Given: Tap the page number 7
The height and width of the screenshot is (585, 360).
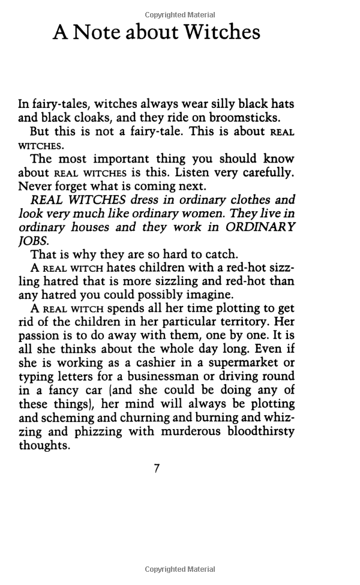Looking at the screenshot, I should pos(157,469).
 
